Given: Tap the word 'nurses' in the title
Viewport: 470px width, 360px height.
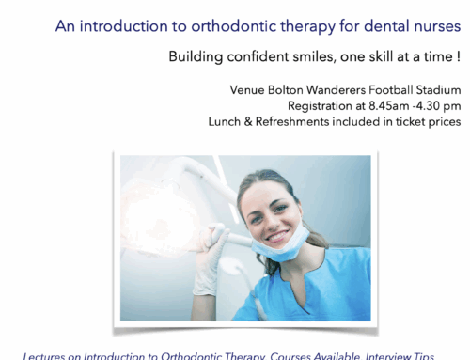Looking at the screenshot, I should coord(434,26).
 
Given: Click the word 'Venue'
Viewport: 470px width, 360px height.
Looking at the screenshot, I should coord(249,90).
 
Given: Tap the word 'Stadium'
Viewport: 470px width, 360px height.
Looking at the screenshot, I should coord(435,90).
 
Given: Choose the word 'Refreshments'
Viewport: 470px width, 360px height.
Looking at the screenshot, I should coord(298,122).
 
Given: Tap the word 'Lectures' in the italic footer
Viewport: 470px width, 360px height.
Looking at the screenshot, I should coord(46,354).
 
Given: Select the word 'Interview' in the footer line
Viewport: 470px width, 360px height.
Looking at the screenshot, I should coord(388,354).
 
